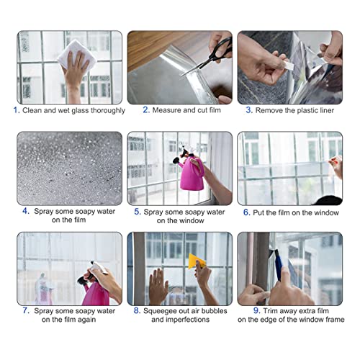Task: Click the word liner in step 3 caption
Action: (332, 110)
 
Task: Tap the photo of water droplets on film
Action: (69, 168)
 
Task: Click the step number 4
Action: (26, 211)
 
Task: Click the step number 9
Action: (247, 311)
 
